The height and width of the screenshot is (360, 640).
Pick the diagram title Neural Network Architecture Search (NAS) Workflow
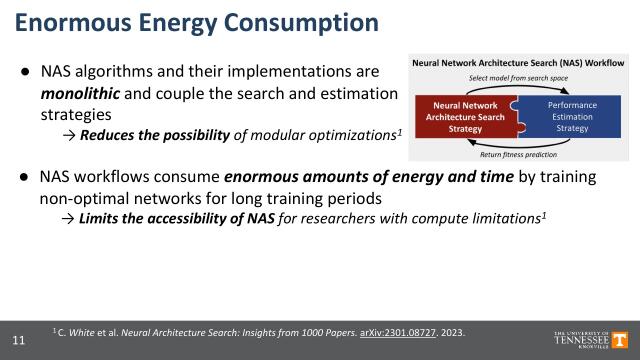[x=518, y=62]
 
